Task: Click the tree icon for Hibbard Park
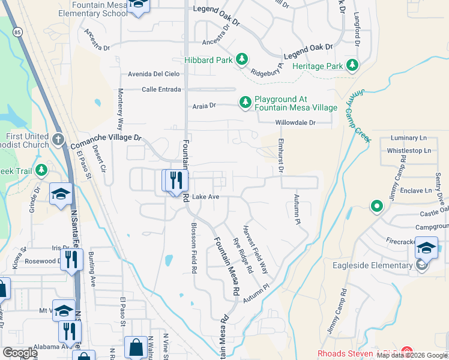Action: click(x=242, y=59)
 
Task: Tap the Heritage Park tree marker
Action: click(x=352, y=65)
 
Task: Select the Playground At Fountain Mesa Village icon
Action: click(x=245, y=103)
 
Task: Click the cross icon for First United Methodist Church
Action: click(x=58, y=140)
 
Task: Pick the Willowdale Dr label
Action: click(x=295, y=122)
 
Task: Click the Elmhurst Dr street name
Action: click(x=280, y=155)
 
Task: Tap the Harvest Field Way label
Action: click(x=255, y=251)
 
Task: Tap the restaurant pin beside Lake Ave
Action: click(x=176, y=182)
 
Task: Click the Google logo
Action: click(x=20, y=352)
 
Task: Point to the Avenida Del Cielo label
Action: click(x=154, y=74)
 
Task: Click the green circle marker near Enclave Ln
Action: click(x=376, y=207)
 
